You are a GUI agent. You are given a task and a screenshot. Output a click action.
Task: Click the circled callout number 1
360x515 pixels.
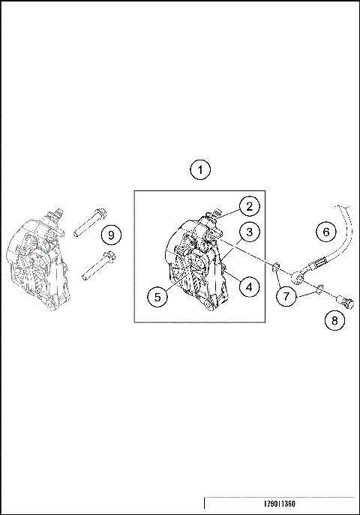[x=199, y=169]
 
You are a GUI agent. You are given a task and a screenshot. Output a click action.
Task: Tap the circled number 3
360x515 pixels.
[x=250, y=231]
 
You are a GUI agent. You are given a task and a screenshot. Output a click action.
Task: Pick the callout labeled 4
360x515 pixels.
[x=250, y=285]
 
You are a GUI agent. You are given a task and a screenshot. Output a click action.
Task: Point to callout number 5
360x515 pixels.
[x=157, y=297]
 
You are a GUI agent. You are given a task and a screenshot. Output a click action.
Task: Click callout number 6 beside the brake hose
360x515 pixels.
[x=325, y=232]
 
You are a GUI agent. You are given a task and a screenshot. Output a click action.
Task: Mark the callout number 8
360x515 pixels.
[x=334, y=321]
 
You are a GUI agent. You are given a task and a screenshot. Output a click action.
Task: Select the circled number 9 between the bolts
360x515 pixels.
[x=112, y=235]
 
